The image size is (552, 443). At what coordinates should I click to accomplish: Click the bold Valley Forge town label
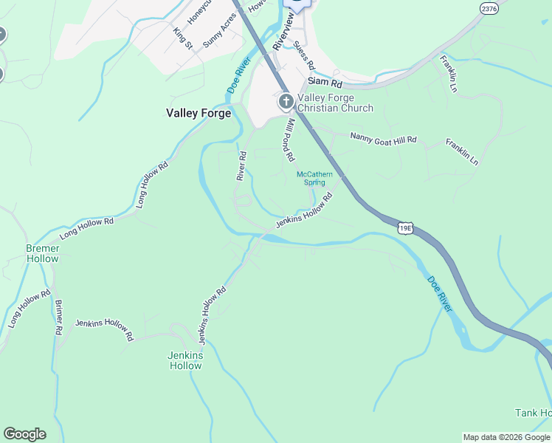(199, 113)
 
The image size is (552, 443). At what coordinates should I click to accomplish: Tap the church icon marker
(286, 102)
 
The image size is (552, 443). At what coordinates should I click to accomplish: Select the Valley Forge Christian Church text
(335, 103)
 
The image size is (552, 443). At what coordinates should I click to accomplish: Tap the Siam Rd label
(322, 82)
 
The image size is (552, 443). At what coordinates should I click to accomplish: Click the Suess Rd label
(303, 54)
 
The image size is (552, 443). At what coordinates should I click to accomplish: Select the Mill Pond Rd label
(290, 140)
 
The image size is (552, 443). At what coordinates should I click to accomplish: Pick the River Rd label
(241, 165)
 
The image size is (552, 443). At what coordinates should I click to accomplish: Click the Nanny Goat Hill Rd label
(383, 138)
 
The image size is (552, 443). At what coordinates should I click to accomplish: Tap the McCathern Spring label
(314, 178)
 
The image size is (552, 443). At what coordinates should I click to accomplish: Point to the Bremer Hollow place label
(42, 253)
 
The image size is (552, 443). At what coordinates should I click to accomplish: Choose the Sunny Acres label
(220, 30)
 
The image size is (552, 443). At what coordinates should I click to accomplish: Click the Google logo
(24, 434)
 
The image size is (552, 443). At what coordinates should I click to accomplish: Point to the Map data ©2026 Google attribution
(507, 437)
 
